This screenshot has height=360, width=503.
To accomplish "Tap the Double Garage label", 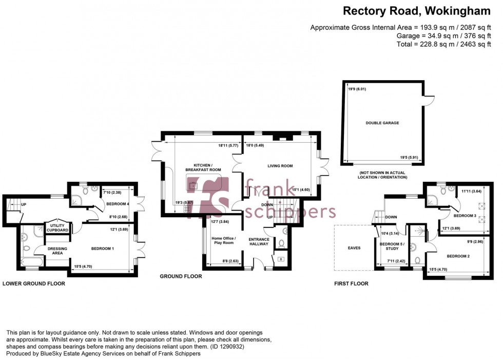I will [382, 123].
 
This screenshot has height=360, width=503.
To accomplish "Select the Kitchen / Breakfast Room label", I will [204, 166].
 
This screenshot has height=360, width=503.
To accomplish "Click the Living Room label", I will [280, 166].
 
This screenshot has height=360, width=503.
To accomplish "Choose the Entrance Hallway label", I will [259, 242].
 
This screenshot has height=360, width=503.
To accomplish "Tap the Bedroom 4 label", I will [117, 204].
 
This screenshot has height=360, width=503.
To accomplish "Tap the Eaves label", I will [354, 248].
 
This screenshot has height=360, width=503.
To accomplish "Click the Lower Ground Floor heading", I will [34, 283].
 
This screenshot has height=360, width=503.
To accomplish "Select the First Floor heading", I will [352, 283].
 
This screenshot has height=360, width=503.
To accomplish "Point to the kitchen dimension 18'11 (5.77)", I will [227, 146].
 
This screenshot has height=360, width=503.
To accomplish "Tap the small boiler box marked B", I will [280, 258].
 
